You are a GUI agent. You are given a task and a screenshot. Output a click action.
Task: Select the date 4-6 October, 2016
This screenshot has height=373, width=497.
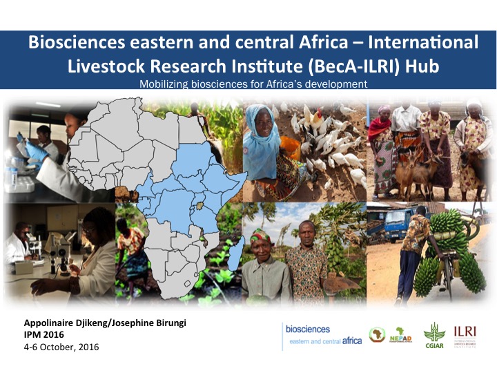coord(61,346)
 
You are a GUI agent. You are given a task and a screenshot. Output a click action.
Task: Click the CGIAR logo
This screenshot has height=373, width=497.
coord(433,335)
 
